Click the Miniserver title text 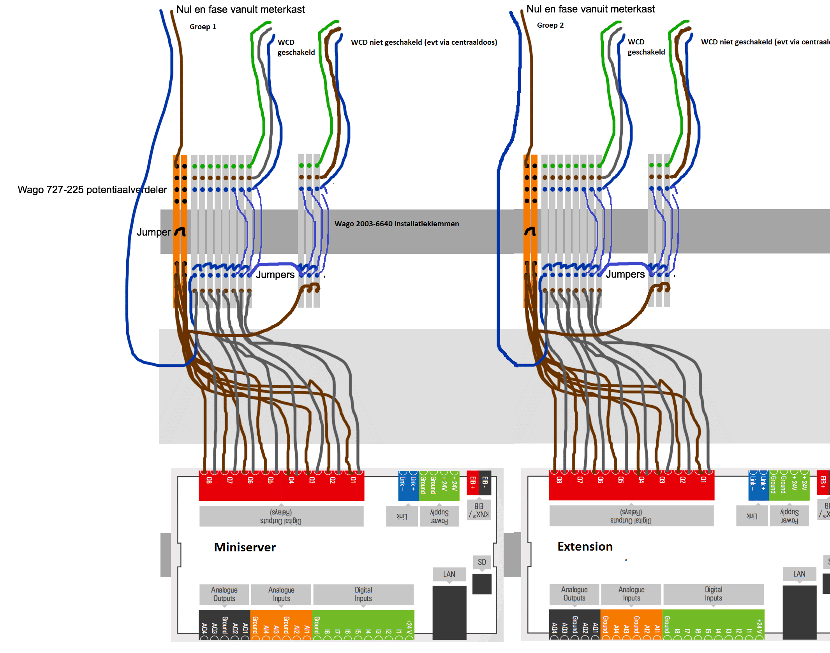tap(245, 547)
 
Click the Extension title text tap(585, 546)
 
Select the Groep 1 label tap(203, 26)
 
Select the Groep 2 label tap(550, 25)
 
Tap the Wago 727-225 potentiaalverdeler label tap(92, 190)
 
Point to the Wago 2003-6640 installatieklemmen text tap(396, 224)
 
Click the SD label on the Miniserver tap(482, 562)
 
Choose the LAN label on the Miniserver tap(449, 574)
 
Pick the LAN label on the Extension tap(799, 574)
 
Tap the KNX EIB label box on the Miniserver tap(479, 510)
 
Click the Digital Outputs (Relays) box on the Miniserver tap(281, 516)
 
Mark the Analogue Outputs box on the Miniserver tap(224, 594)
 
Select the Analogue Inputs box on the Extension tap(631, 594)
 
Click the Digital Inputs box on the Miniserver tap(363, 594)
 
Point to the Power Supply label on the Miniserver tap(439, 516)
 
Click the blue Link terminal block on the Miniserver tap(408, 486)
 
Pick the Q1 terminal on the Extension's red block tap(703, 480)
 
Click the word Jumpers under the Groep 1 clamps tap(275, 275)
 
